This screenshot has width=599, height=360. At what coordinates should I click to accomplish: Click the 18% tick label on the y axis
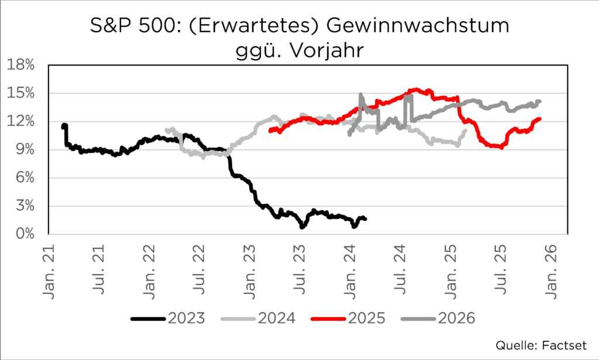tap(20, 64)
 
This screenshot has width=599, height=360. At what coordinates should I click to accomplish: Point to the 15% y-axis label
tap(20, 93)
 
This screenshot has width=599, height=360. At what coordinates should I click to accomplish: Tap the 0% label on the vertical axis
tap(24, 234)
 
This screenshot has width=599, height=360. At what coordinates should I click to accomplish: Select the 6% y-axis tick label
tap(24, 178)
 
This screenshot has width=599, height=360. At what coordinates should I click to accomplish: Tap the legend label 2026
tap(439, 318)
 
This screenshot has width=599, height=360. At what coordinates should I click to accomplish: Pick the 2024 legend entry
tap(258, 318)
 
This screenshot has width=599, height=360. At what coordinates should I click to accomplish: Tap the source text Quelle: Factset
tap(541, 344)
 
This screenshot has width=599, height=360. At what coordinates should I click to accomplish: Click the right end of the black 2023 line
tap(365, 218)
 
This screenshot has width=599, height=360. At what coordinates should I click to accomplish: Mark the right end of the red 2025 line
tap(539, 119)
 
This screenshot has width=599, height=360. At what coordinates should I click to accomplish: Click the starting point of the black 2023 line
tap(63, 125)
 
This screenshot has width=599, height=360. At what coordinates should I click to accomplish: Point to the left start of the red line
tap(270, 131)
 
